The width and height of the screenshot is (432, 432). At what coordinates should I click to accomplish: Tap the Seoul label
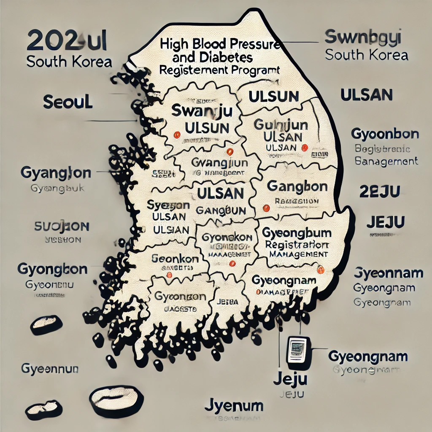coord(67,102)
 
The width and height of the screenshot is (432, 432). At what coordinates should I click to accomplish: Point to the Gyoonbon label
coord(385,135)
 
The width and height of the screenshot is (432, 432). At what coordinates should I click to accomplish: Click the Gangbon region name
coord(291,186)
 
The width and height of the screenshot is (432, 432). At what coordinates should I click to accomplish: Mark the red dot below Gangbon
coord(266,208)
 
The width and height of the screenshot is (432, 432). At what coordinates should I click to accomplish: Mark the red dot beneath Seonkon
coord(170,275)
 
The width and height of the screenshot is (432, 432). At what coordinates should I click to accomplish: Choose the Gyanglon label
coord(55,173)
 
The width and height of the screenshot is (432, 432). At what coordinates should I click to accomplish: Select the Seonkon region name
coord(174,259)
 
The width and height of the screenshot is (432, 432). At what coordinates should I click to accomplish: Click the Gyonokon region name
coord(227,238)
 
